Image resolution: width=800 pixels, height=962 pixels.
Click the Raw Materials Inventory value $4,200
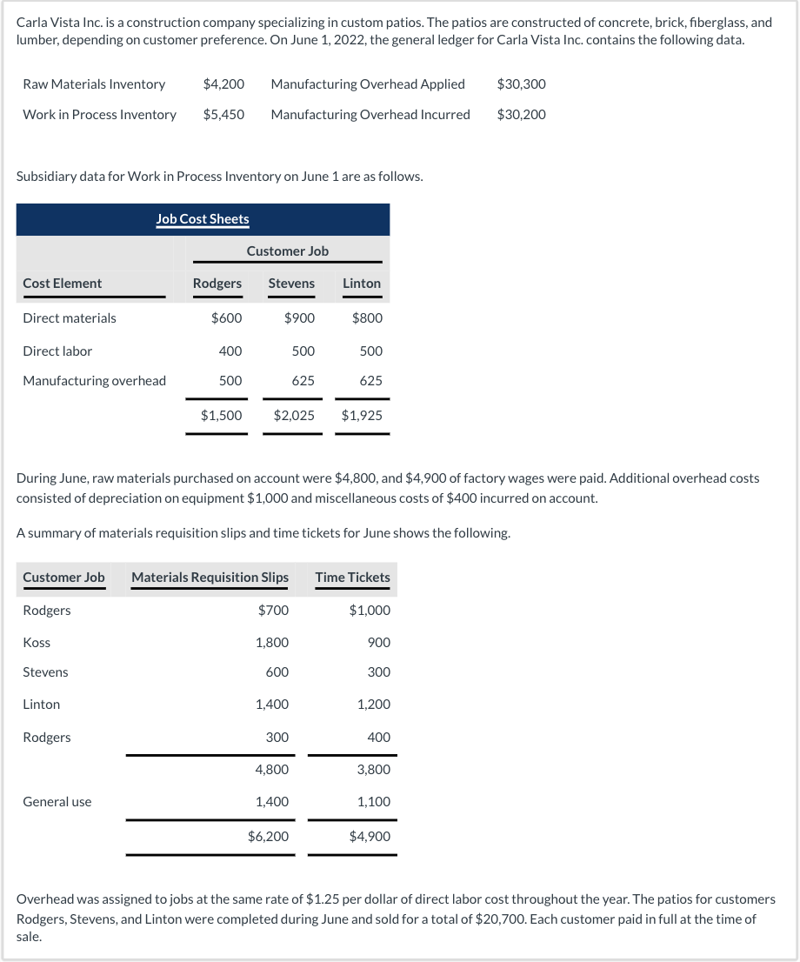pos(223,84)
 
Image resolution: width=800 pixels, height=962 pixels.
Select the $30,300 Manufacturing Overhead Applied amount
pos(522,84)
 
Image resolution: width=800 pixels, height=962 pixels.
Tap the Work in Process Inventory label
pos(99,115)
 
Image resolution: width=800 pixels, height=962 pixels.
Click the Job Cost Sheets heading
pos(203,219)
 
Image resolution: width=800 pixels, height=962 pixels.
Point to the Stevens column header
pos(291,284)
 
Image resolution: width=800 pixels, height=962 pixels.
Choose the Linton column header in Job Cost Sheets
pos(362,284)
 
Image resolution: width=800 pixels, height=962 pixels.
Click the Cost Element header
pos(62,284)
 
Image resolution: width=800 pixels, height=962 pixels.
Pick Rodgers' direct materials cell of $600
pos(226,318)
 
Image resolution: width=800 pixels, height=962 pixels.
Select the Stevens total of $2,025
pos(294,416)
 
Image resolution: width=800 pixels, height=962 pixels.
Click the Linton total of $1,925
pos(362,416)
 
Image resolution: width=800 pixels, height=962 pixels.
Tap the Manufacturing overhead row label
pos(94,381)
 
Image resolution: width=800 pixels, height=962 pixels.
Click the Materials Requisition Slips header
pos(210,578)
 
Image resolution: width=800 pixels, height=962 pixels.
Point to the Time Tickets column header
pos(352,578)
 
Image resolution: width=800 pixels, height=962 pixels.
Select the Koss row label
pos(37,643)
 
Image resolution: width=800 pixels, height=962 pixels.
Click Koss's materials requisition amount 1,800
pos(272,643)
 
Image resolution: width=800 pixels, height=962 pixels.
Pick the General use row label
pos(57,802)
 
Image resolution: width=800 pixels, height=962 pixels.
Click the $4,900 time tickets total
pos(370,837)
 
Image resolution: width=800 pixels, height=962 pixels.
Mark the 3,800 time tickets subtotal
pos(374,770)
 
